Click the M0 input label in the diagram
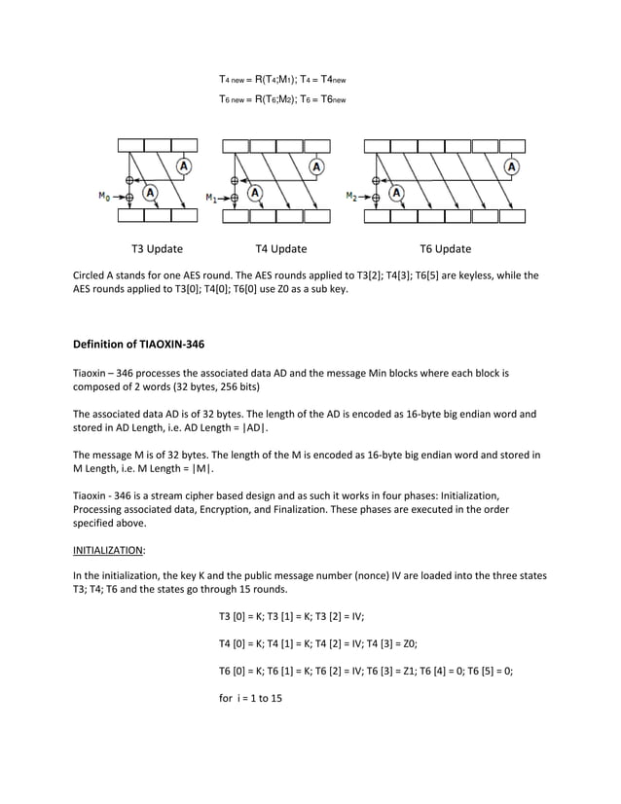pyautogui.click(x=103, y=197)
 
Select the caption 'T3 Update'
pyautogui.click(x=157, y=249)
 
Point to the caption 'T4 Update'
pyautogui.click(x=280, y=249)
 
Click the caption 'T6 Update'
pyautogui.click(x=445, y=249)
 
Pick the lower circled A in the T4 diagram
pyautogui.click(x=255, y=193)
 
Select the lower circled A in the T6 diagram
pyautogui.click(x=396, y=193)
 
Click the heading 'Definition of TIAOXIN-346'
pyautogui.click(x=139, y=344)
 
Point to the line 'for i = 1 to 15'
pyautogui.click(x=250, y=699)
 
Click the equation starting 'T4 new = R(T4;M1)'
pyautogui.click(x=281, y=78)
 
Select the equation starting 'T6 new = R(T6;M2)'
pyautogui.click(x=281, y=98)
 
